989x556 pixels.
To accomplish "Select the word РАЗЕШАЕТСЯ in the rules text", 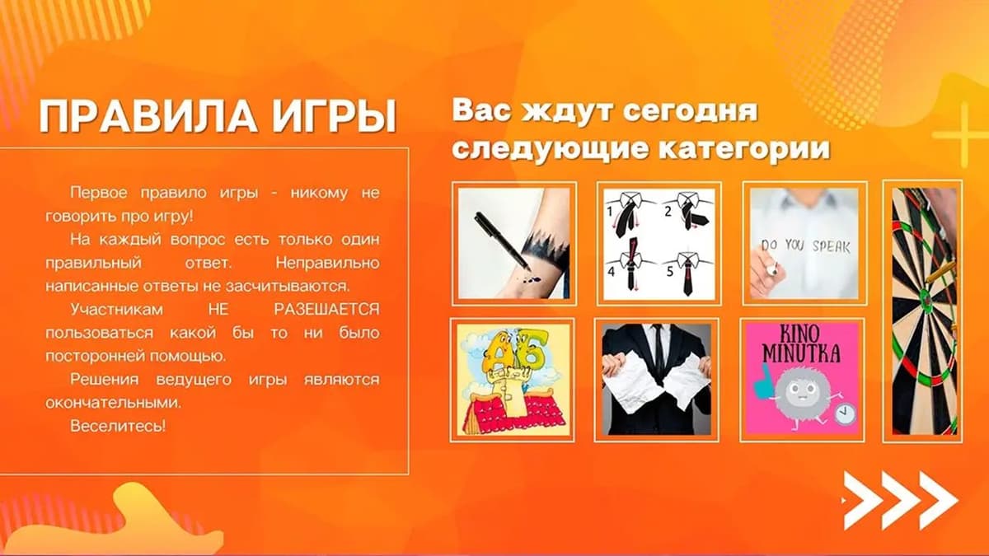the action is pos(326,310).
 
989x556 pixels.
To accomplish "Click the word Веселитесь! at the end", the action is pos(118,426).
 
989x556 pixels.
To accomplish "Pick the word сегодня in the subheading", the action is pos(690,110).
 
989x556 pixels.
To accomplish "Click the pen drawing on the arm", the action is pos(503,241).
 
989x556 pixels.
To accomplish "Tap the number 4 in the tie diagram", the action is pos(611,271).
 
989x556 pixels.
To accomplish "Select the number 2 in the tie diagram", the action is pos(668,212).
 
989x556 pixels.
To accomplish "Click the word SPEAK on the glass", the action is pos(831,246).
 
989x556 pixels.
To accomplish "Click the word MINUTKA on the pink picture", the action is pos(802,353).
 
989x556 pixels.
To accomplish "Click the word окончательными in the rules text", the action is pos(114,403).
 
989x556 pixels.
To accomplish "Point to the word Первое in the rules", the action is pos(99,193).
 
